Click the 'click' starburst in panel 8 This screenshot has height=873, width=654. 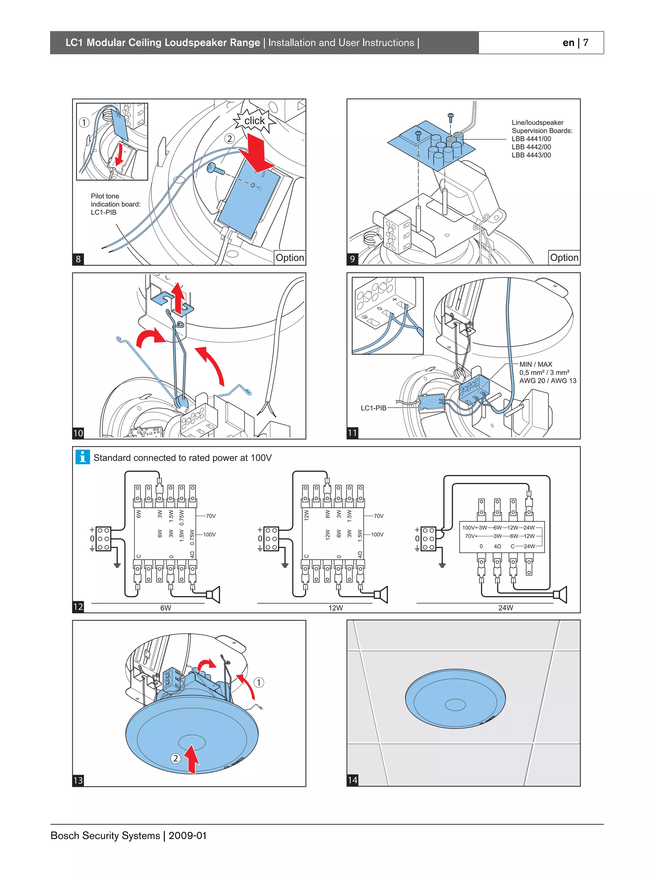255,121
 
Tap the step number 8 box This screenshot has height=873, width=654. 78,259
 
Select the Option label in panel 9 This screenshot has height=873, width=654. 564,258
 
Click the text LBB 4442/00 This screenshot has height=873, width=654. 531,147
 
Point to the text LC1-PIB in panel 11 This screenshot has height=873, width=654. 373,408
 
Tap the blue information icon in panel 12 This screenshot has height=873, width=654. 83,457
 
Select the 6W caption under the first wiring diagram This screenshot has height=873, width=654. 166,608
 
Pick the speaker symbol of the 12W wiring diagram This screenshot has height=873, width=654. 382,594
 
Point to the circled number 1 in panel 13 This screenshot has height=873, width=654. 258,682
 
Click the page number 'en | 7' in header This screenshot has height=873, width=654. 575,42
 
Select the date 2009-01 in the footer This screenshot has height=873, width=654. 187,836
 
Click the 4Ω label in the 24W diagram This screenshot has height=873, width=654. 498,546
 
